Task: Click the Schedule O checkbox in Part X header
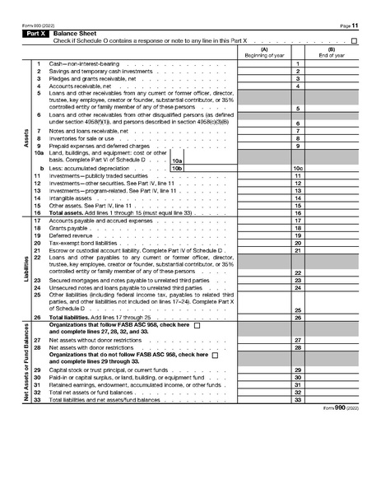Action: click(x=354, y=40)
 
